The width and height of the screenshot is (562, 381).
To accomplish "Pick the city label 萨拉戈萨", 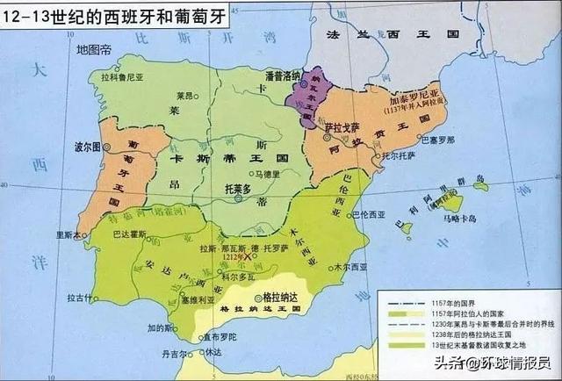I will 340,126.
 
